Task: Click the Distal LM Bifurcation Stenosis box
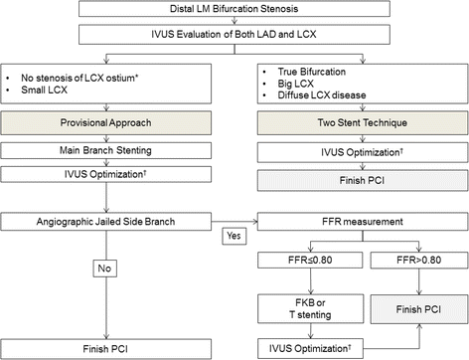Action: [234, 11]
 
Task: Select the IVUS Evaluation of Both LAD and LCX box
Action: [234, 38]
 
